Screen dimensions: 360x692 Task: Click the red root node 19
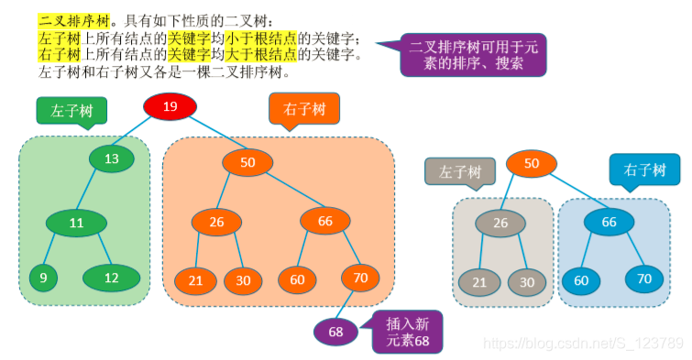click(170, 106)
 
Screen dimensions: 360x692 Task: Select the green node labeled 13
click(112, 158)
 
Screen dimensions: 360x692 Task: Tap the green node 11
click(76, 223)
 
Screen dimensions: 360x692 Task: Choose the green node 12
click(111, 278)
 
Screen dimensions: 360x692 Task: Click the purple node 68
click(336, 332)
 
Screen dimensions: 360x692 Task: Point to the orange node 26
click(216, 222)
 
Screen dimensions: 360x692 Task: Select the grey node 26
click(500, 224)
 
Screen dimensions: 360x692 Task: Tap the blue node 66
click(610, 223)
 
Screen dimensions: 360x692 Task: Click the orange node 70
click(359, 278)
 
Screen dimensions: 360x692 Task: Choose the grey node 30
click(527, 282)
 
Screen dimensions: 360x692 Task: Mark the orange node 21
click(194, 280)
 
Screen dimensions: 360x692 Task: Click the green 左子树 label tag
click(71, 111)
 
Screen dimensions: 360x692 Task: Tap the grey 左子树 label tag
click(459, 171)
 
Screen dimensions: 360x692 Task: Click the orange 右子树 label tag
click(304, 109)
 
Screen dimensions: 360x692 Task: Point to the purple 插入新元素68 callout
click(407, 331)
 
